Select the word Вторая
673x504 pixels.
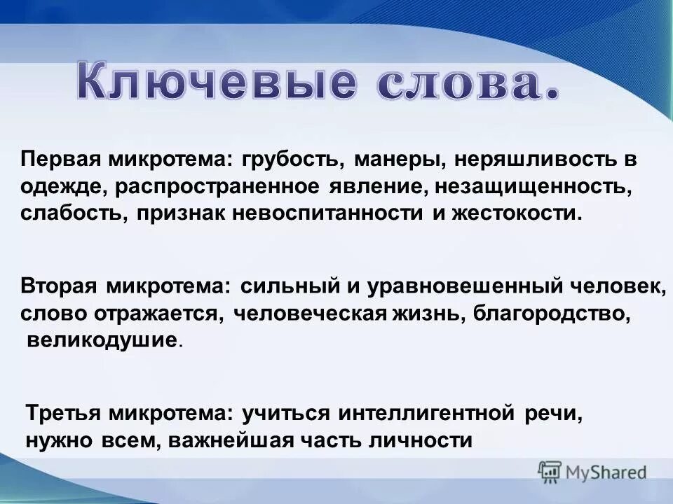(60, 287)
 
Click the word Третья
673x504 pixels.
(64, 414)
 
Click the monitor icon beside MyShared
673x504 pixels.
(550, 472)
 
